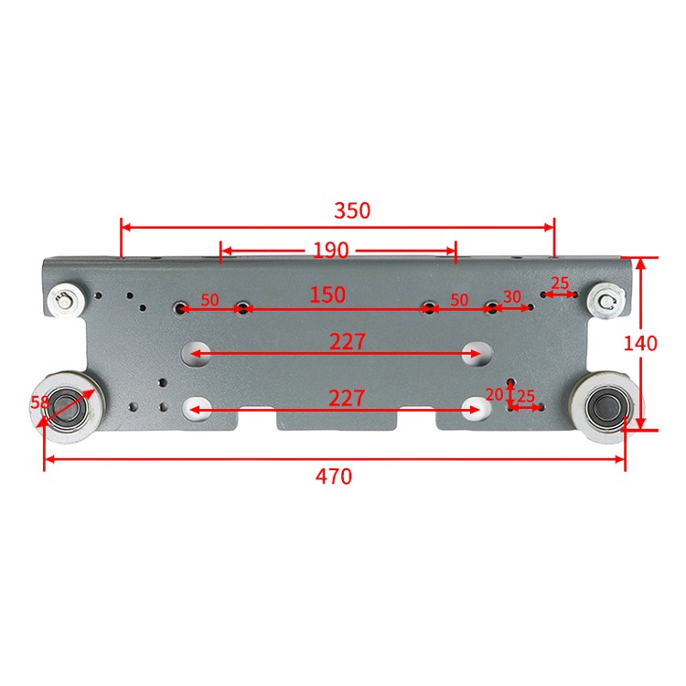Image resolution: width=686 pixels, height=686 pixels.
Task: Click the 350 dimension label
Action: tap(352, 210)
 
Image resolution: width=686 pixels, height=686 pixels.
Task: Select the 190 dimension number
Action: tap(331, 251)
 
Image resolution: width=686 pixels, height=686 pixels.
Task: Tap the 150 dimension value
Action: tap(327, 295)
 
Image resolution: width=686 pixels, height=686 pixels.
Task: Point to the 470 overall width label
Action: tap(333, 477)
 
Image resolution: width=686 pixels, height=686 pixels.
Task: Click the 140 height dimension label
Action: tap(640, 343)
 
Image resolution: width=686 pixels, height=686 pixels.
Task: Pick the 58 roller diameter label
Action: tap(39, 402)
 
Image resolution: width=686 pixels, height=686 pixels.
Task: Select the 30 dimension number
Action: tap(512, 297)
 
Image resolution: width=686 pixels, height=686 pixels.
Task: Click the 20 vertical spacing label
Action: tap(494, 394)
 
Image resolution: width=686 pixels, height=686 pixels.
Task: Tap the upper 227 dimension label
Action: tap(348, 342)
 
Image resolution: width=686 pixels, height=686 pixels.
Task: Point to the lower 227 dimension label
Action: tap(347, 399)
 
